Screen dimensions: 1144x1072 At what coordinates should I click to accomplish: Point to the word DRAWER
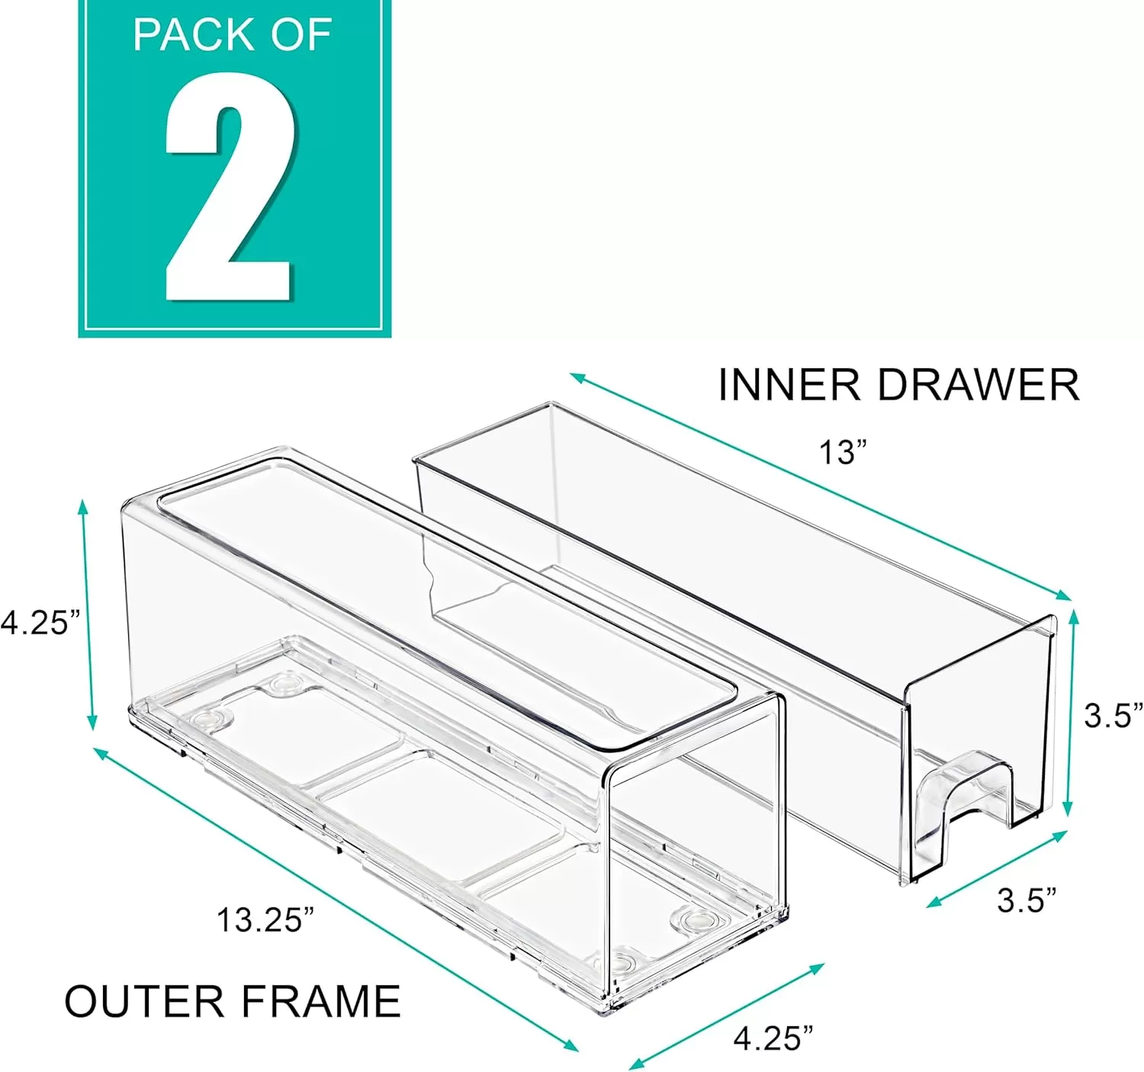[978, 385]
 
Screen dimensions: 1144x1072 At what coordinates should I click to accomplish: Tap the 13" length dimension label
[843, 452]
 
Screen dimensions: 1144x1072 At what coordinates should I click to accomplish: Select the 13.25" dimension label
[266, 920]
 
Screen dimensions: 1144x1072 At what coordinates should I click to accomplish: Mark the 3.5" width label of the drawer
[1027, 901]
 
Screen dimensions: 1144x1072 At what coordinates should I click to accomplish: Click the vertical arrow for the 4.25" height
[88, 615]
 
